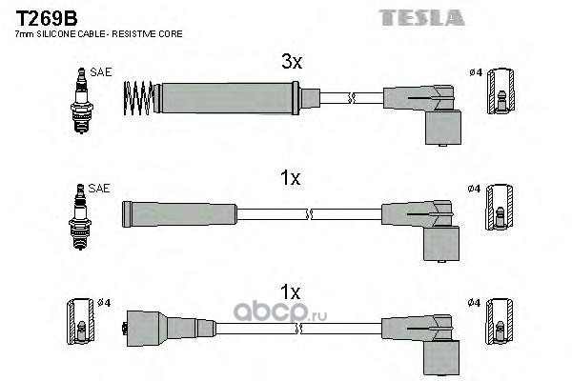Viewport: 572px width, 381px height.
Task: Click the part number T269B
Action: [x=47, y=18]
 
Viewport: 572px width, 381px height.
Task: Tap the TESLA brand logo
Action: [x=421, y=18]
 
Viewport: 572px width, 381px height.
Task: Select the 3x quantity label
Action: [x=292, y=61]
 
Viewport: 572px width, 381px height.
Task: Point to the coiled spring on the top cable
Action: [x=138, y=98]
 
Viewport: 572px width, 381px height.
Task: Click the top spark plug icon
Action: [x=82, y=100]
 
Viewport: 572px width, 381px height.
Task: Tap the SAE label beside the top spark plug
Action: [x=101, y=72]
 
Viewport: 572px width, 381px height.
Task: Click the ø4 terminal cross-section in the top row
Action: [x=501, y=91]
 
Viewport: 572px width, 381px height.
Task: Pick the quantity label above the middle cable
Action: [x=291, y=178]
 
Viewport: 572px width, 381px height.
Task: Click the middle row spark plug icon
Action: [x=80, y=216]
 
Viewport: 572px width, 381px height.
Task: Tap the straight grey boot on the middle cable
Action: [x=179, y=214]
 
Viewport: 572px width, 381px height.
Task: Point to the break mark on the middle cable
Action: [x=309, y=214]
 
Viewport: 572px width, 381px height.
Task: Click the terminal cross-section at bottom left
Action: [x=81, y=322]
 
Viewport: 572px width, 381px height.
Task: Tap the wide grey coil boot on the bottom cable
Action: [x=170, y=328]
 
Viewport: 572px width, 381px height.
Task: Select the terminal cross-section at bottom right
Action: [x=500, y=322]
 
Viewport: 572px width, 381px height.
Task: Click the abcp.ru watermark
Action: [x=279, y=312]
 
